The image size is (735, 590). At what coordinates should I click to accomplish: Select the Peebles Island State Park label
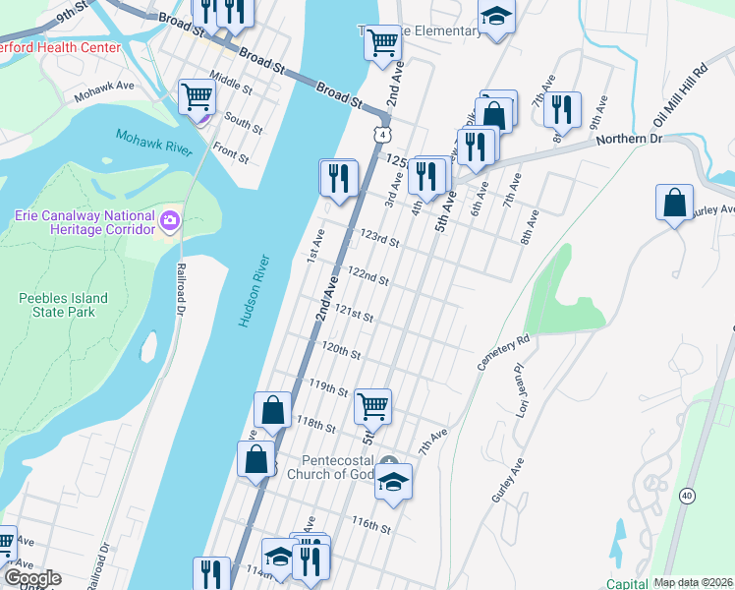click(x=56, y=305)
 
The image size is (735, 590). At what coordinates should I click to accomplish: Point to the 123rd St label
click(x=380, y=240)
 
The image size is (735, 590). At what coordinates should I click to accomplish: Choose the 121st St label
click(x=354, y=315)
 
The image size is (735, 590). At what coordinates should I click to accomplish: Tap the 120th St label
click(x=341, y=351)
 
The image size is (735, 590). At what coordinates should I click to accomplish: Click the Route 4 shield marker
click(x=381, y=131)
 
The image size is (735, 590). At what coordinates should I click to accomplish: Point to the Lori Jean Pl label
click(x=520, y=389)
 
